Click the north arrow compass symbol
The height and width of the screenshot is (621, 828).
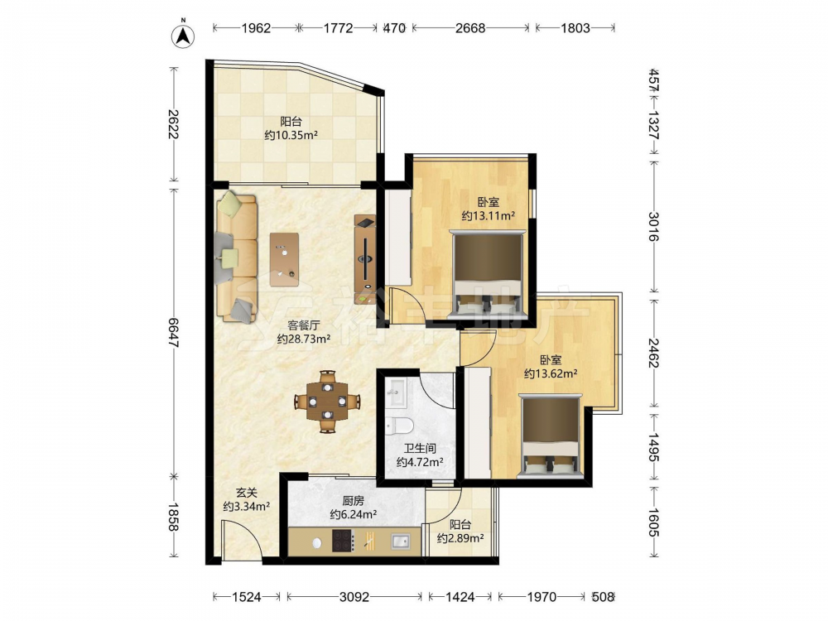pos(183,36)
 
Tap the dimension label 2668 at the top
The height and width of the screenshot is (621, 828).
pos(470,28)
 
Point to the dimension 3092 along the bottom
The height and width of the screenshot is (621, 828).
pos(354,597)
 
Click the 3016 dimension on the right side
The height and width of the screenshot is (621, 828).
pos(653,226)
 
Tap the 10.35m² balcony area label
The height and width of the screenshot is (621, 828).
pos(291,136)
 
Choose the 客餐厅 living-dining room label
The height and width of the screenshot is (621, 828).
pos(304,325)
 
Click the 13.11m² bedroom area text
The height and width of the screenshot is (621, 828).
pos(489,216)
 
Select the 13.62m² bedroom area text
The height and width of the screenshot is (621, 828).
pos(551,374)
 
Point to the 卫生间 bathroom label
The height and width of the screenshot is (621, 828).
pos(420,448)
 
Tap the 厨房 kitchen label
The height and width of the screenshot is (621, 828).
pos(353,501)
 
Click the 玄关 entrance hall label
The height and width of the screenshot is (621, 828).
pos(246,493)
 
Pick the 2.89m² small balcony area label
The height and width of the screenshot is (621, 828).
pos(460,539)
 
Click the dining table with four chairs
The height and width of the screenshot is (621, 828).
pos(327,402)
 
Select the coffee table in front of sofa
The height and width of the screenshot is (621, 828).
pos(284,260)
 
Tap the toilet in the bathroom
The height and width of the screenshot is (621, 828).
pos(399,425)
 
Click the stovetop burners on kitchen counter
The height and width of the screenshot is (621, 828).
pos(343,542)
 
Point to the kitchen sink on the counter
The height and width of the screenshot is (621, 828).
pos(400,542)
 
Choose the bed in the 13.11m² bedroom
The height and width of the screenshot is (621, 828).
pos(488,274)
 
